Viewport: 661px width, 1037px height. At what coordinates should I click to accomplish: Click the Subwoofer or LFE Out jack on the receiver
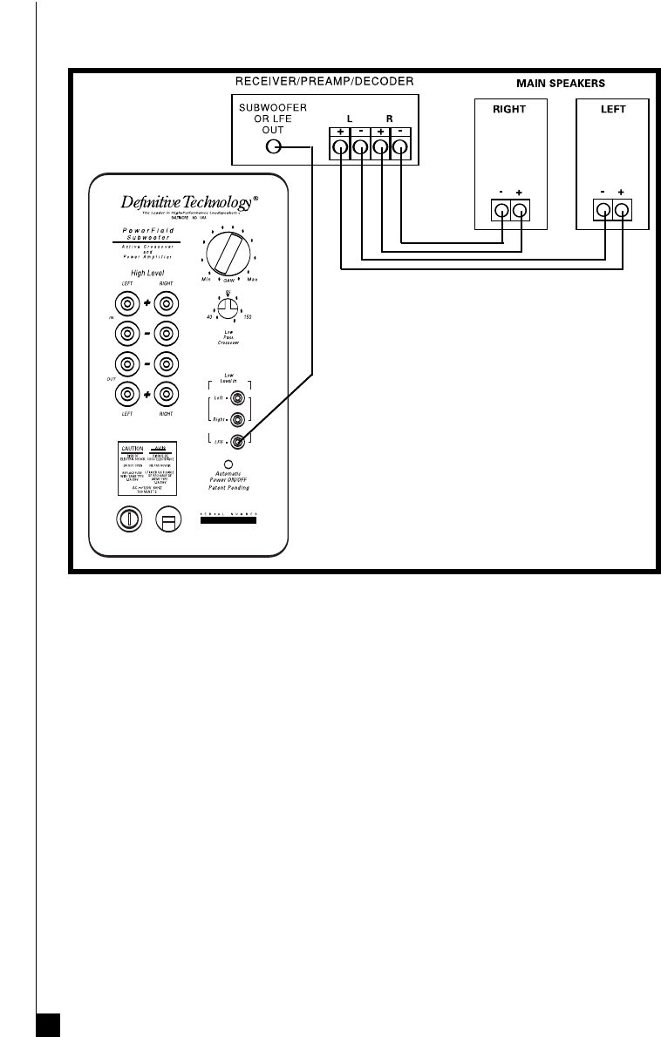click(273, 146)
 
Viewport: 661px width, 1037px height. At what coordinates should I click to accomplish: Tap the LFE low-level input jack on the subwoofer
click(237, 442)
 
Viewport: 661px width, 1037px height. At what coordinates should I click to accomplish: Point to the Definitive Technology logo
click(188, 203)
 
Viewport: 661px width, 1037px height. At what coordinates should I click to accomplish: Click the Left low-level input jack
click(237, 398)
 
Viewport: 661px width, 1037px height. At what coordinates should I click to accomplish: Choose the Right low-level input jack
click(237, 419)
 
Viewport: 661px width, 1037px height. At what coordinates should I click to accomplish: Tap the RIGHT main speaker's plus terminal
click(521, 210)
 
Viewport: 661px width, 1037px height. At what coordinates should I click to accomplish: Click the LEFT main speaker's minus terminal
click(603, 210)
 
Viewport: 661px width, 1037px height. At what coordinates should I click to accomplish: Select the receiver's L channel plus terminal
click(339, 147)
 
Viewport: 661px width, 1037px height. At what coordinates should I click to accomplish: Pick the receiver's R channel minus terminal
click(399, 147)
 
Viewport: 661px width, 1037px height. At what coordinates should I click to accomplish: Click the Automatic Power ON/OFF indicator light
click(228, 464)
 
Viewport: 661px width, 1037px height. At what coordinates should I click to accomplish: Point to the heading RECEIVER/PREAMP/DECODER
click(325, 82)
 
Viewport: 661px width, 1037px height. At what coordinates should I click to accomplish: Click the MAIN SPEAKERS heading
click(561, 83)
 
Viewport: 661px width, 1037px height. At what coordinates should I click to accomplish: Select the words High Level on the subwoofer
click(147, 273)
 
